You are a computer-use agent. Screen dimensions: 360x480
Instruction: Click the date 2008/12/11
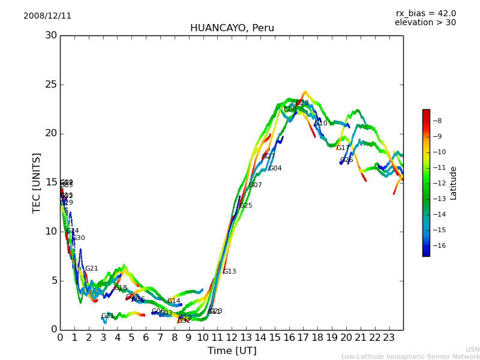pyautogui.click(x=47, y=16)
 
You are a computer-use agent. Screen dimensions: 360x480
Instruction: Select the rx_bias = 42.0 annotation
pyautogui.click(x=425, y=14)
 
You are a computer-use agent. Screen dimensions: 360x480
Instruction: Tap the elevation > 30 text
pyautogui.click(x=425, y=23)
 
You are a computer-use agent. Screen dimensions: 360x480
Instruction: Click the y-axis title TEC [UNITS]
pyautogui.click(x=37, y=182)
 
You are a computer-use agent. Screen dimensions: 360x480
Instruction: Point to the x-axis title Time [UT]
pyautogui.click(x=232, y=350)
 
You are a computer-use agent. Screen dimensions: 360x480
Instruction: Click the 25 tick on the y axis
pyautogui.click(x=50, y=85)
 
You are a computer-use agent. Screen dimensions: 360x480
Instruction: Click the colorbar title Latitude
pyautogui.click(x=454, y=183)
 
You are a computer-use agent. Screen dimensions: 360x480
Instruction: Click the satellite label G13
pyautogui.click(x=229, y=272)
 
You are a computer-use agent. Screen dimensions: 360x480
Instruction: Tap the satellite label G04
pyautogui.click(x=275, y=169)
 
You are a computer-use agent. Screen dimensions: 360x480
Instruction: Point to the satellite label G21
pyautogui.click(x=91, y=269)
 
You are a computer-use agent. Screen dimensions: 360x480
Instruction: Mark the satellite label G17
pyautogui.click(x=343, y=148)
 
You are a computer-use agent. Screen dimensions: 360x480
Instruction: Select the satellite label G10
pyautogui.click(x=321, y=124)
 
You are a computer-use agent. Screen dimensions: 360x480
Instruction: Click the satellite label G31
pyautogui.click(x=107, y=316)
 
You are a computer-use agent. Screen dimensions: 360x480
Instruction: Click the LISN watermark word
pyautogui.click(x=472, y=349)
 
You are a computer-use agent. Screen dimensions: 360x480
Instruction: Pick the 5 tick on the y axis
pyautogui.click(x=53, y=280)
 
